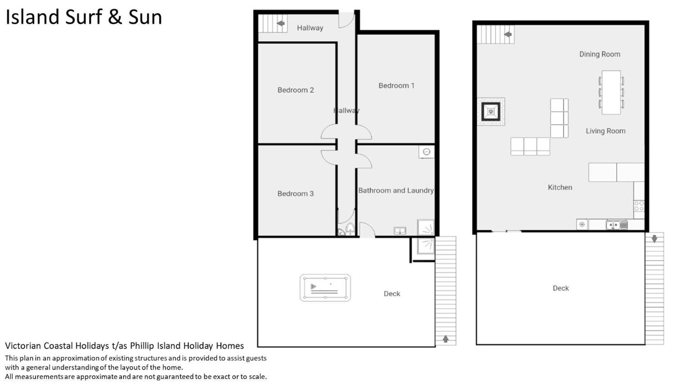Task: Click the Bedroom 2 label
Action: click(x=296, y=90)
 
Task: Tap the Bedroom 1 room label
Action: click(x=396, y=86)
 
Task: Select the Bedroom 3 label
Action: click(x=296, y=194)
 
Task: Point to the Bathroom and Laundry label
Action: click(x=396, y=191)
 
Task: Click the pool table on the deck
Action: click(x=325, y=288)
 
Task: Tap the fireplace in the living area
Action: click(x=491, y=112)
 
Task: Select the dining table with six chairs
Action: click(x=611, y=92)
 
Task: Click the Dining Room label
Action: click(x=600, y=54)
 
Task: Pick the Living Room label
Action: click(x=606, y=131)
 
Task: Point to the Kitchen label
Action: click(x=560, y=187)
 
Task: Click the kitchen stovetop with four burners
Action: click(x=639, y=206)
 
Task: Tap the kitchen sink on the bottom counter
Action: click(x=617, y=225)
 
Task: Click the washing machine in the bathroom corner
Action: click(x=426, y=152)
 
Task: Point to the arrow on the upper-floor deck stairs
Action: click(x=654, y=239)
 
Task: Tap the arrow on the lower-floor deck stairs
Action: click(x=446, y=339)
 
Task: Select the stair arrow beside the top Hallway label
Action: click(x=281, y=23)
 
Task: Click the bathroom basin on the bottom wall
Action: click(x=400, y=231)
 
